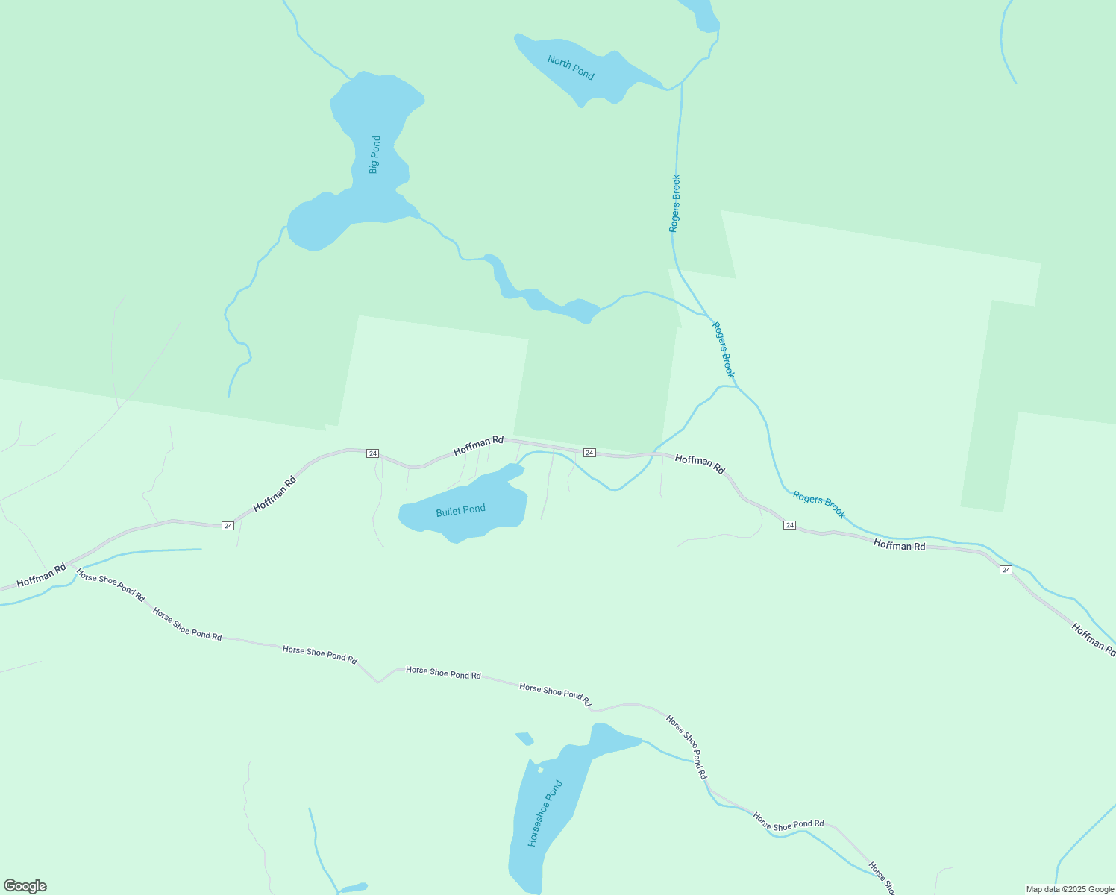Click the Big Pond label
tap(374, 154)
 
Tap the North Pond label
tap(571, 67)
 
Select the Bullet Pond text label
tap(460, 511)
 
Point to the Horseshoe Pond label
tap(545, 813)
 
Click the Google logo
tap(25, 886)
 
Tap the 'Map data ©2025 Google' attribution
tap(1069, 889)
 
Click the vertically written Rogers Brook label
tap(674, 204)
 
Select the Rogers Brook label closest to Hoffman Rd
tap(818, 504)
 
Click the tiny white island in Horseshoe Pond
tap(540, 770)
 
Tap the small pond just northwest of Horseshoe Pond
tap(524, 738)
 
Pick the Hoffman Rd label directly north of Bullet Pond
tap(478, 446)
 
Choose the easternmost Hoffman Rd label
tap(1093, 639)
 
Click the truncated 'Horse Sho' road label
tap(882, 879)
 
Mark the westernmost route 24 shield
tap(228, 526)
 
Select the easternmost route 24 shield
tap(1006, 570)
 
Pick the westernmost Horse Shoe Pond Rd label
tap(110, 585)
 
